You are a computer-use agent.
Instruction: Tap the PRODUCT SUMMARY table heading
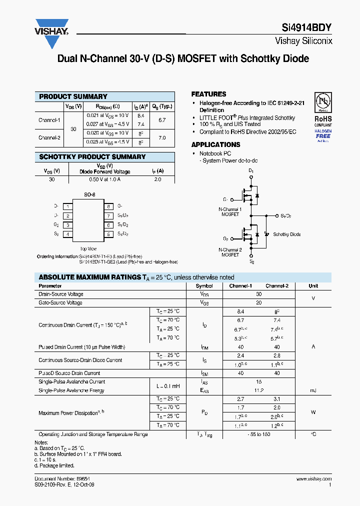point(73,96)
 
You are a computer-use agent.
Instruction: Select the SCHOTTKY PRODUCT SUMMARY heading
point(92,157)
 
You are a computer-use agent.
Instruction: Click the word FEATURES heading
point(208,94)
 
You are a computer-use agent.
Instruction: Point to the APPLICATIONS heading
point(215,144)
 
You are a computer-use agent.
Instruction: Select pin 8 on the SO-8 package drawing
point(107,206)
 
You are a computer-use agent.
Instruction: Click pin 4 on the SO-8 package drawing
point(67,234)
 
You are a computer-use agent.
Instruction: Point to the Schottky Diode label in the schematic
point(287,234)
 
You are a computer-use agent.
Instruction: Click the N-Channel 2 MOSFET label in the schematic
point(230,252)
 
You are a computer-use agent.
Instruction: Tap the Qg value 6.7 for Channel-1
point(161,120)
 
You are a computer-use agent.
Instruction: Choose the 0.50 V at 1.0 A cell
point(104,179)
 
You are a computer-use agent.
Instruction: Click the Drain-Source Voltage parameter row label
point(61,294)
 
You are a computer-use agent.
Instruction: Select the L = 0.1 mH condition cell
point(167,386)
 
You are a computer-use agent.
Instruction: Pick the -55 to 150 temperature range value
point(259,434)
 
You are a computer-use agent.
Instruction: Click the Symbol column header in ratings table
point(204,286)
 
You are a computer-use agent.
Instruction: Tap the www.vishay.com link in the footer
point(316,478)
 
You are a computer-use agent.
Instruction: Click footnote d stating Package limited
point(55,465)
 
